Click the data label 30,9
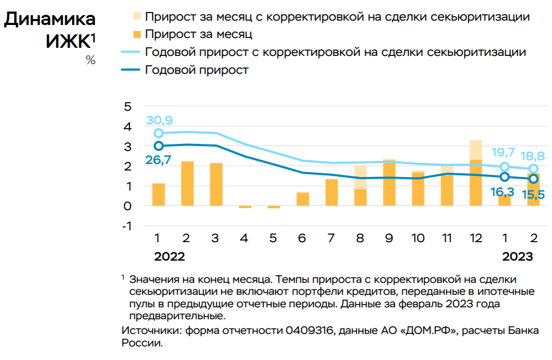tap(159, 121)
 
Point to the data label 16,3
tap(504, 191)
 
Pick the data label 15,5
tap(533, 194)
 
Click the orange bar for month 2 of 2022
tap(187, 184)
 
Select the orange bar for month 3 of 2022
tap(216, 185)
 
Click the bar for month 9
tap(389, 183)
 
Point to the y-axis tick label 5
tap(128, 106)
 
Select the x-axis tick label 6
tap(302, 238)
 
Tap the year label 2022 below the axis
tap(169, 256)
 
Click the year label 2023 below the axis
tap(517, 256)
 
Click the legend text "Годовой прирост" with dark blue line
tap(197, 70)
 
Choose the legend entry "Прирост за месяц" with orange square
tap(199, 34)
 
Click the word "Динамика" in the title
tap(50, 19)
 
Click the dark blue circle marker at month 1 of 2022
tap(158, 146)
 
